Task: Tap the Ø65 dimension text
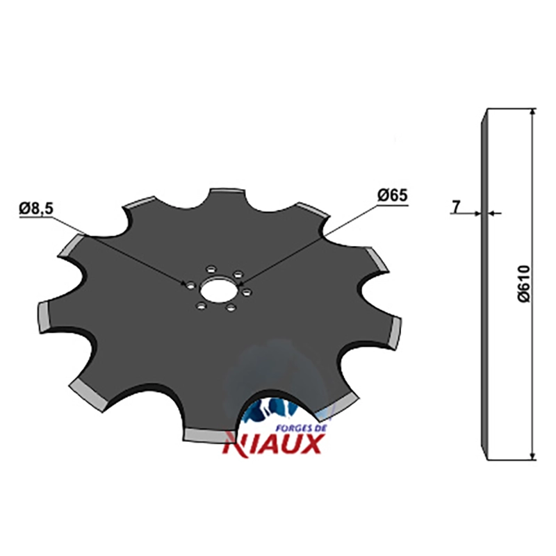pos(393,195)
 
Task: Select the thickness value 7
pos(456,206)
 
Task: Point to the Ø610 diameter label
pos(524,284)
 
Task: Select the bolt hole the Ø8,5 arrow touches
pos(190,285)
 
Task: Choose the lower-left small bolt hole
pos(202,305)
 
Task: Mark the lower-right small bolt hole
pos(231,307)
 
